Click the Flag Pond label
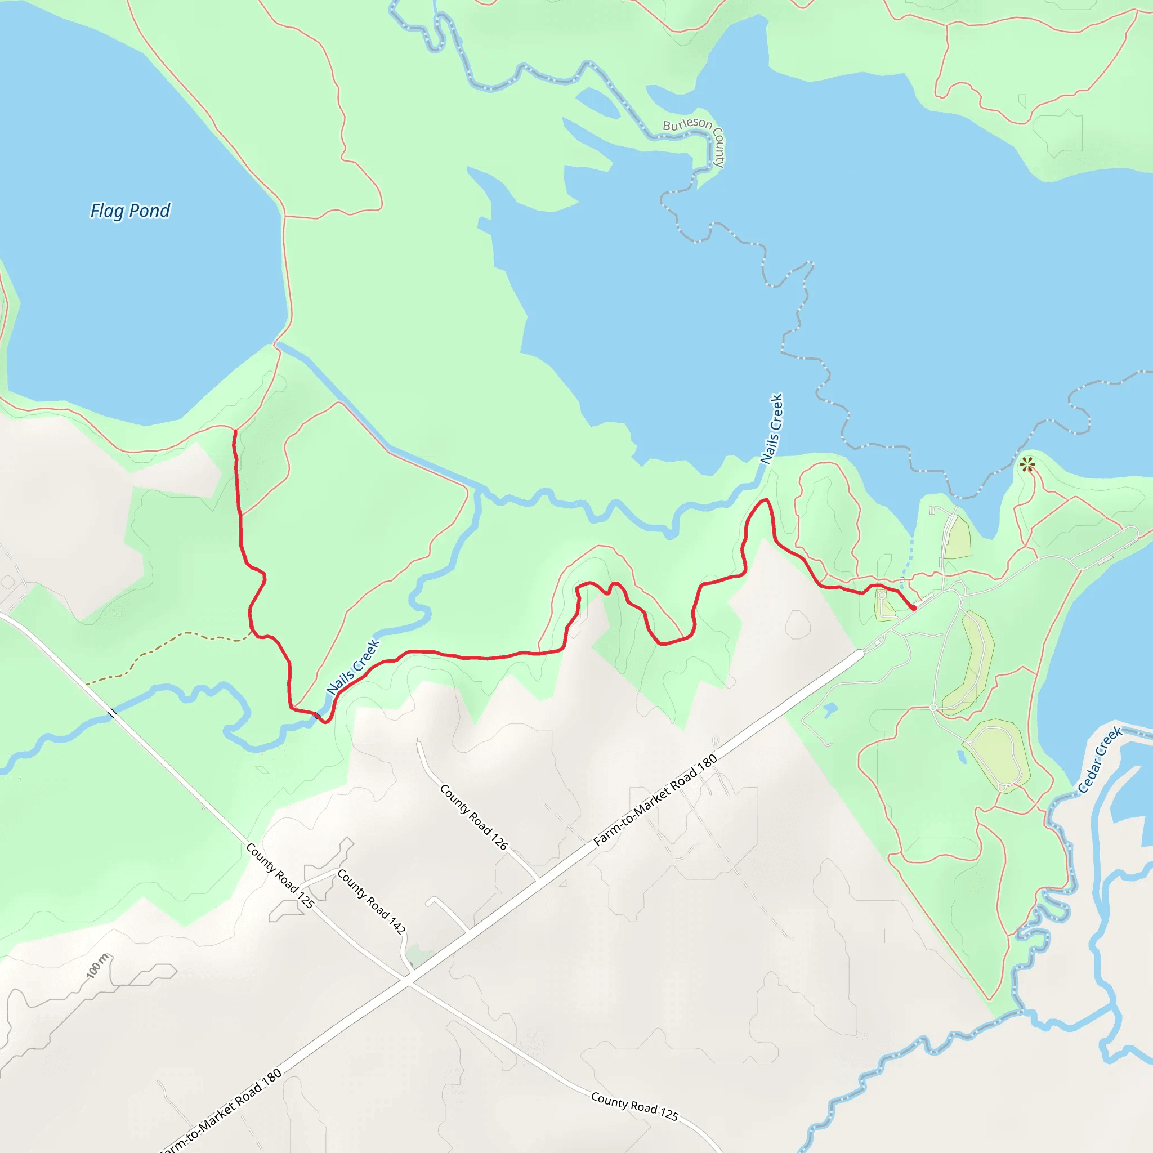[130, 211]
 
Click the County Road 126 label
[473, 817]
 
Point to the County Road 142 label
[371, 901]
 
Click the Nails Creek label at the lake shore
[771, 428]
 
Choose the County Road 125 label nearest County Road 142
[279, 875]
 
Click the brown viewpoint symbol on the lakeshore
[1026, 465]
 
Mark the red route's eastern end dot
[913, 608]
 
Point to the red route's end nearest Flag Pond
[235, 431]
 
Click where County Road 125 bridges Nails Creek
[112, 713]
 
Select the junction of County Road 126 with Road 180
[538, 879]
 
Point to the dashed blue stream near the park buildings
[907, 560]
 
